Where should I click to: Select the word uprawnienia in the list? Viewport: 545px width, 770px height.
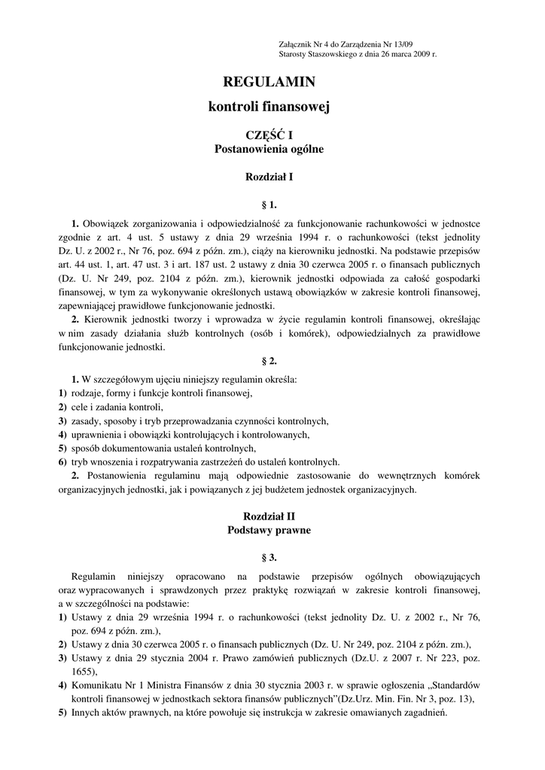click(96, 435)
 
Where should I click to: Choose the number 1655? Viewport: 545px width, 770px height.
click(83, 671)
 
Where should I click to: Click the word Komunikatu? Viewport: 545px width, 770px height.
click(99, 685)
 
